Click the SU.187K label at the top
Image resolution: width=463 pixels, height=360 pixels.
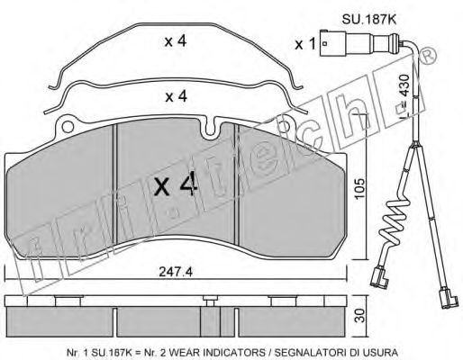pos(369,20)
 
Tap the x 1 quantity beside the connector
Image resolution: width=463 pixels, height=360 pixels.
pos(305,44)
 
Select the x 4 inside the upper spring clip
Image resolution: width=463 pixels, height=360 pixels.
pos(176,41)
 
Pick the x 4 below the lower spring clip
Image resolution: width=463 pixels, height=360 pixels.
pos(177,96)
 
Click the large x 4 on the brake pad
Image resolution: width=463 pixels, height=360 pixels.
pos(177,185)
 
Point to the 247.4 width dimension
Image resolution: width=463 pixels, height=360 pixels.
pos(176,272)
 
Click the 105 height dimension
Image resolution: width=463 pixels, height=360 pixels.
pos(359,189)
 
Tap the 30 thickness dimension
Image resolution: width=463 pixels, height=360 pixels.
pos(360,316)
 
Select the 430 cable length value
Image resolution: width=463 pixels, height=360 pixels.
pos(404,85)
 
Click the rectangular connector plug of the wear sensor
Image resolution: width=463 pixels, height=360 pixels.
pos(332,43)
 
